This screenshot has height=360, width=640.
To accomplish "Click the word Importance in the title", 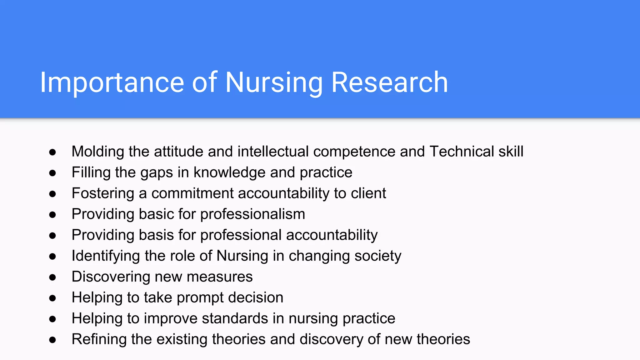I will point(112,82).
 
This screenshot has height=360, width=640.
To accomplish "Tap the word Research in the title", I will point(389,82).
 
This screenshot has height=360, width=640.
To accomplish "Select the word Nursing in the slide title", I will point(274,82).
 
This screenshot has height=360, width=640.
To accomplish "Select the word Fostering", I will point(103,193).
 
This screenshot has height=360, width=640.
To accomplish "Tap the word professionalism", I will point(252,214).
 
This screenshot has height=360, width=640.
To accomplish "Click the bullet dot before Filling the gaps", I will point(52,173).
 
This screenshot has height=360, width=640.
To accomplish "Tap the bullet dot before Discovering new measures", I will point(52,277).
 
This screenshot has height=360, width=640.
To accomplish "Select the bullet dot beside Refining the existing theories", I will point(52,340).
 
